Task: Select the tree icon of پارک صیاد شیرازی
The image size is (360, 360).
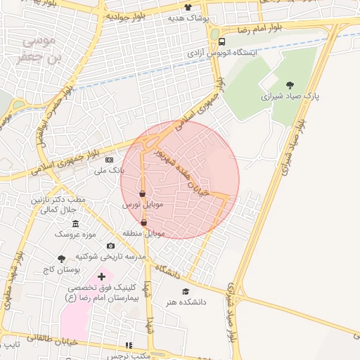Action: click(x=290, y=85)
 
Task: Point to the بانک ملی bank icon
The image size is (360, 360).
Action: click(x=108, y=160)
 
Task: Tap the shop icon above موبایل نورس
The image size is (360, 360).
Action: click(x=143, y=193)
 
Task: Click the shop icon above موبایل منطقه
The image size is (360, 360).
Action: click(x=144, y=223)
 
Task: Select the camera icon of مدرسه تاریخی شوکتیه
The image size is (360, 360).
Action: click(x=110, y=245)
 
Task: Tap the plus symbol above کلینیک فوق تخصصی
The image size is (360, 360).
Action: click(x=103, y=276)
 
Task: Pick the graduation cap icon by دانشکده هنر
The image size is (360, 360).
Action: click(x=186, y=291)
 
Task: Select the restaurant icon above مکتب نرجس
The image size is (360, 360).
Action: click(x=128, y=345)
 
